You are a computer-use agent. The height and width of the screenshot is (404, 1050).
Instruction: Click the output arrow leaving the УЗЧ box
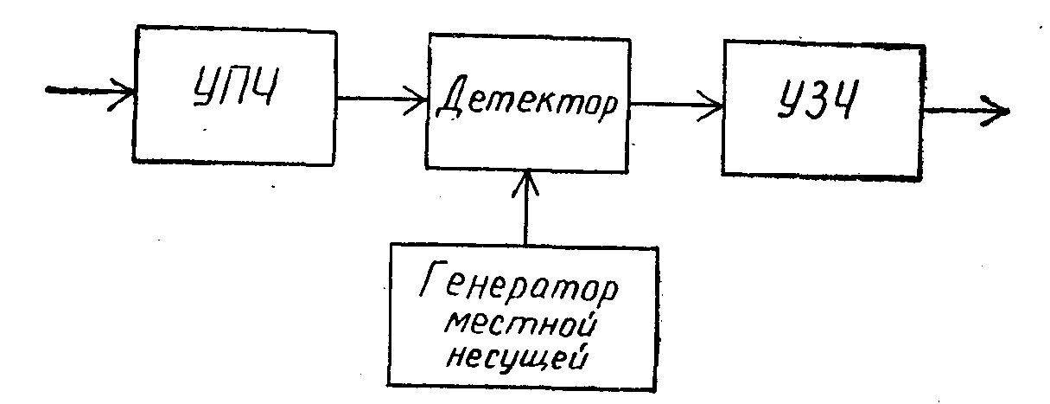coord(964,111)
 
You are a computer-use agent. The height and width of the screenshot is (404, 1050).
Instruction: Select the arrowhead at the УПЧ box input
coord(126,89)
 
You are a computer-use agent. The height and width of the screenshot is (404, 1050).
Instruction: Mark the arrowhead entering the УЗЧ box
coord(716,107)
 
